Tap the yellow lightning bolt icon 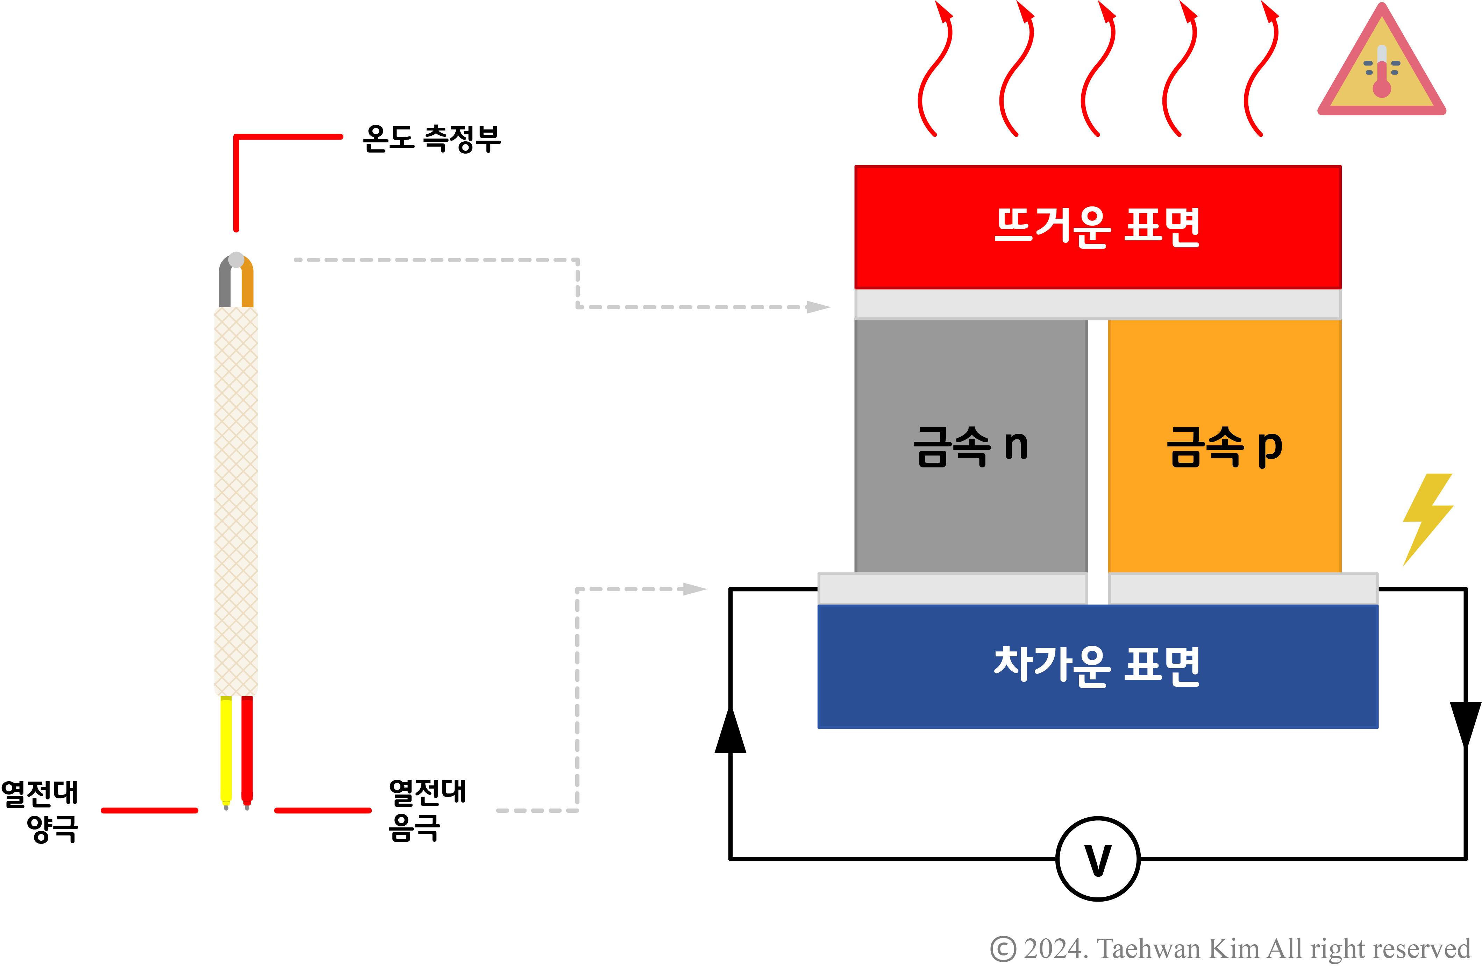[x=1427, y=518]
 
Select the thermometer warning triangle [x=1382, y=69]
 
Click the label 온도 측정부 [x=432, y=138]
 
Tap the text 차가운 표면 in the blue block [x=1097, y=665]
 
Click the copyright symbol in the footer [x=1003, y=949]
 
